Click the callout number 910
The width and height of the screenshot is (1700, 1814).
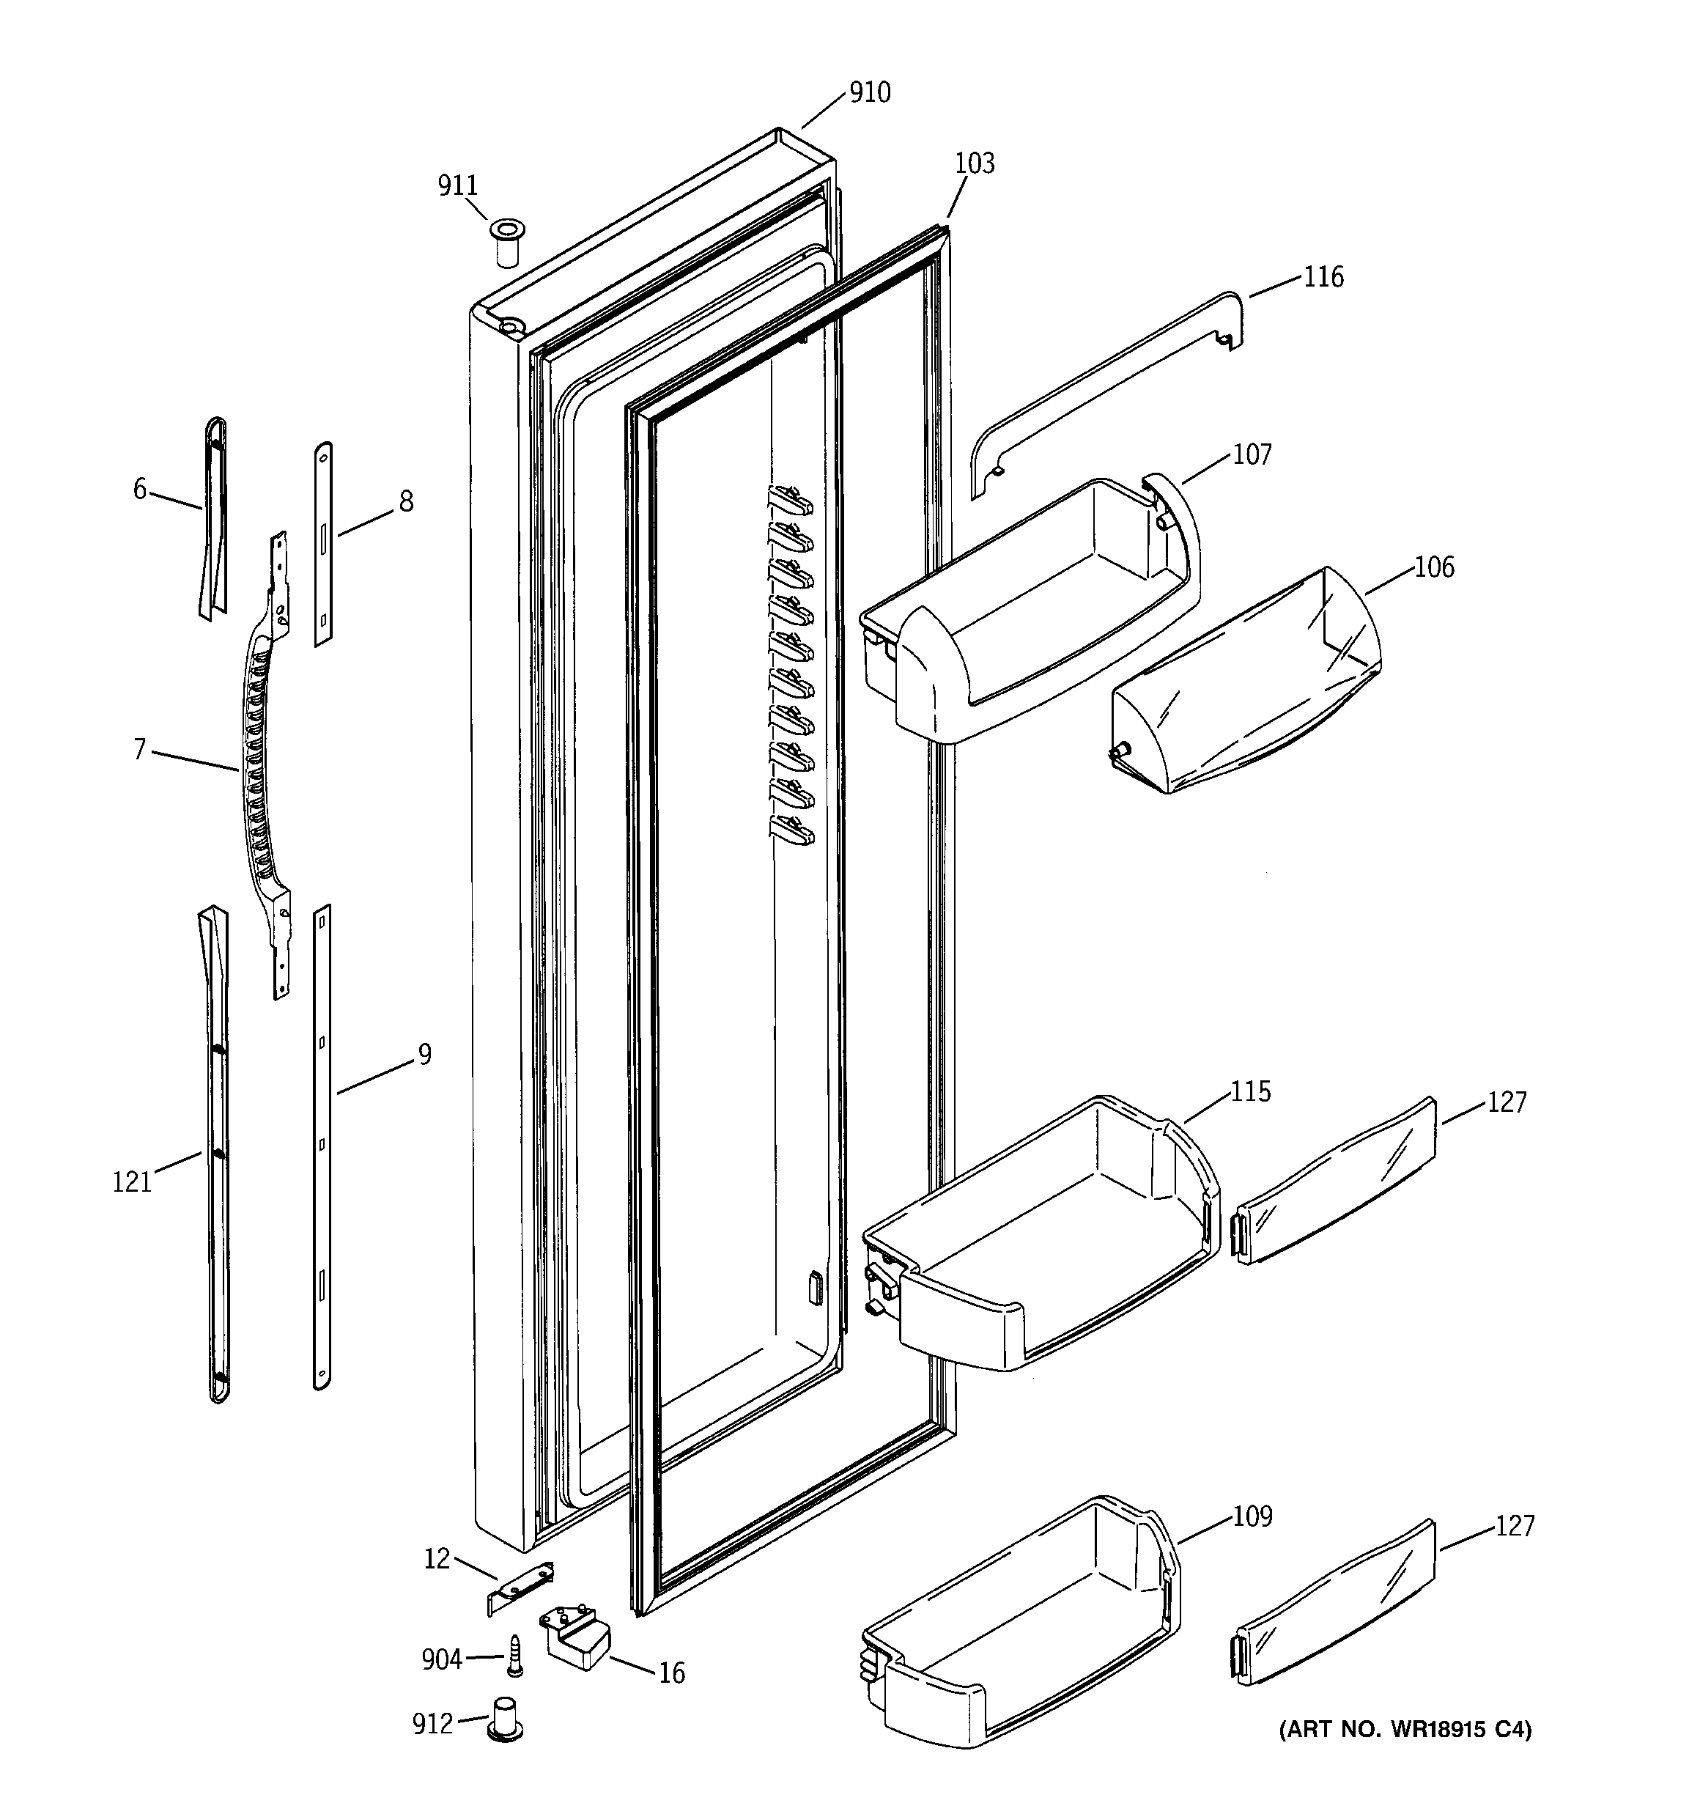pyautogui.click(x=869, y=93)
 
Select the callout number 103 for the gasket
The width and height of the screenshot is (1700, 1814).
pyautogui.click(x=974, y=163)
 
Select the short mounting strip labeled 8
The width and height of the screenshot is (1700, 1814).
pyautogui.click(x=323, y=545)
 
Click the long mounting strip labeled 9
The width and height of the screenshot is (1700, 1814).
pyautogui.click(x=322, y=1150)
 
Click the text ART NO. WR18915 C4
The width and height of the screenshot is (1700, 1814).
pyautogui.click(x=1405, y=1728)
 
